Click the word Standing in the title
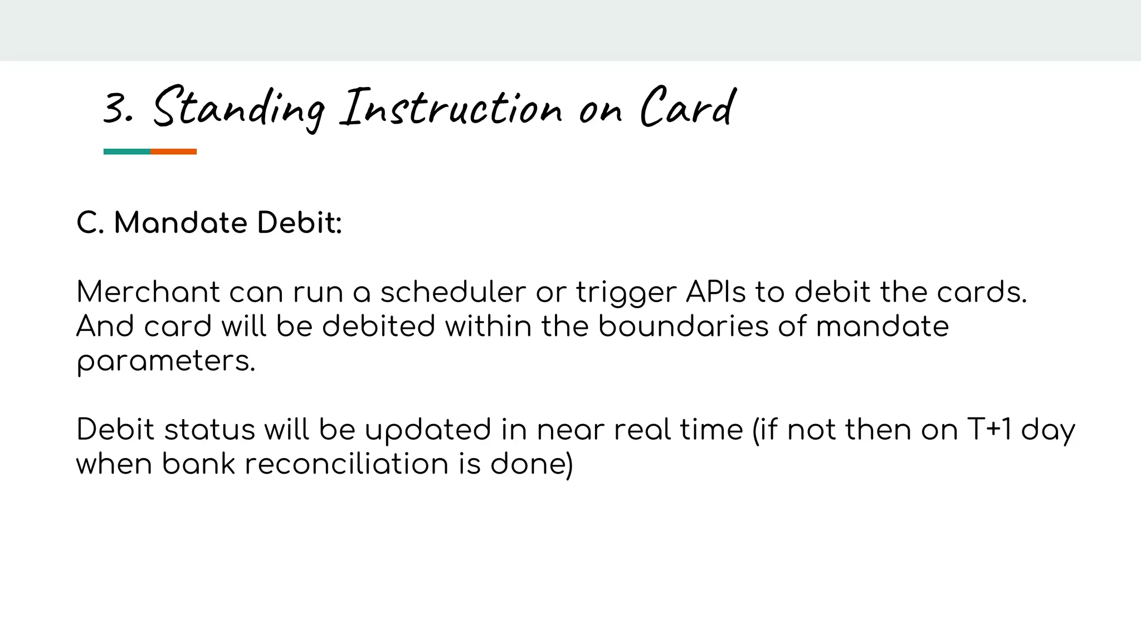tap(238, 108)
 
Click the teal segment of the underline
tap(127, 152)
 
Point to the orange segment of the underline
tap(173, 152)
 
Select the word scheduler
tap(452, 292)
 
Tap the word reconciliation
tap(346, 464)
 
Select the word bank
tap(198, 464)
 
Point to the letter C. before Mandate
tap(90, 223)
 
